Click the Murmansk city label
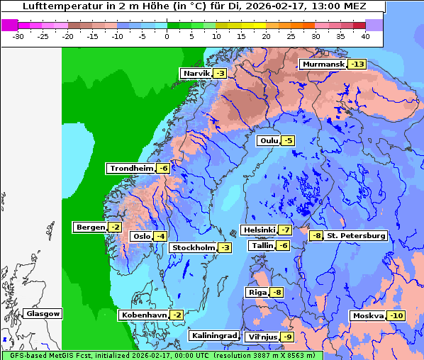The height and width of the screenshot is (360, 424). [323, 64]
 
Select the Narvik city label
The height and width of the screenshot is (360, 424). [196, 74]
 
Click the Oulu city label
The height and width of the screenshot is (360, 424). [268, 141]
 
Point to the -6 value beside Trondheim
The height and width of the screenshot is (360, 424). [163, 169]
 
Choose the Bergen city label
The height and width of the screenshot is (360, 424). [90, 227]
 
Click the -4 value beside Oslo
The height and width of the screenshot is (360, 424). [161, 237]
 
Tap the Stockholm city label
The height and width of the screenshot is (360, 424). [193, 247]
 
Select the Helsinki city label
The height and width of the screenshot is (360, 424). [259, 230]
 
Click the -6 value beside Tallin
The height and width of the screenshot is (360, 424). [283, 246]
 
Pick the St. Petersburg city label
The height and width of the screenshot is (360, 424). [357, 235]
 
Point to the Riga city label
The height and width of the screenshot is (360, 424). [257, 293]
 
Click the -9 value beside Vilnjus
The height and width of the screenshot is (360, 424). [286, 337]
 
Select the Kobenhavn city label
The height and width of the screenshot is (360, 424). [144, 315]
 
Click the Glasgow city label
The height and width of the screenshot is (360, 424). [43, 314]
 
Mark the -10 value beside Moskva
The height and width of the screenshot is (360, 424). [395, 316]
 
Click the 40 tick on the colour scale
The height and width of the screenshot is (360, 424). [365, 35]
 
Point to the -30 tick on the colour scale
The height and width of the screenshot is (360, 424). [19, 35]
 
